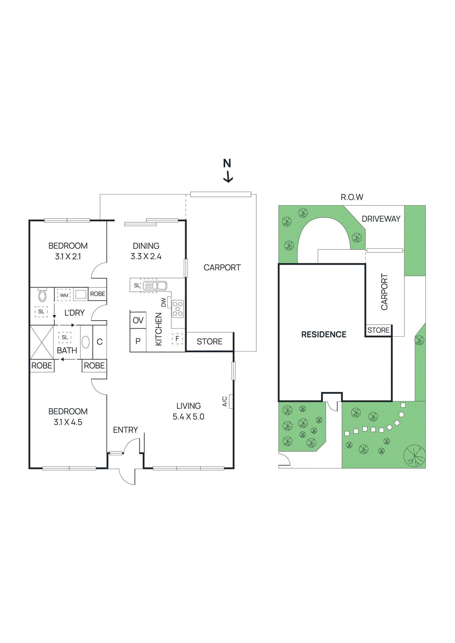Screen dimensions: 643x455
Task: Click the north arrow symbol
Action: point(228,176)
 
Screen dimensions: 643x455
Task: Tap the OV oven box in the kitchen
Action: point(138,320)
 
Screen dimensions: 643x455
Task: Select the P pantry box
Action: point(138,341)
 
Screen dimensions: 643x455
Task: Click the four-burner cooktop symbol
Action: point(177,309)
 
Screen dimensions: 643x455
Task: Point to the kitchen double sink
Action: point(154,286)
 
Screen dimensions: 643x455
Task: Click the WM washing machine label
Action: point(64,295)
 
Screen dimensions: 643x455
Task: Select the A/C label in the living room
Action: point(225,401)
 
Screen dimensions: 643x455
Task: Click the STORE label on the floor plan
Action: point(209,342)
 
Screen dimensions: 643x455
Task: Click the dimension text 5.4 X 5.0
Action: point(188,417)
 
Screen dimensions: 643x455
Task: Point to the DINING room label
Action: point(146,246)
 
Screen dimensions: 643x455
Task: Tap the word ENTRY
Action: point(125,430)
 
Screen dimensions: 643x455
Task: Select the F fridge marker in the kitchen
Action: point(177,339)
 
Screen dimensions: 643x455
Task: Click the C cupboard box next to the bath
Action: point(99,342)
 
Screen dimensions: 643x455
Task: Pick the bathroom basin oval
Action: point(86,342)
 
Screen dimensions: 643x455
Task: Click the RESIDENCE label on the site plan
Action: point(323,334)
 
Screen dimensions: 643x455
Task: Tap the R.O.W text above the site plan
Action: point(352,197)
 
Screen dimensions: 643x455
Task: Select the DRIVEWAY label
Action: point(381,219)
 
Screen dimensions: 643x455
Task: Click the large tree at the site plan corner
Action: point(415,456)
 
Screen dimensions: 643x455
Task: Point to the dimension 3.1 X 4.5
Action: point(68,422)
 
